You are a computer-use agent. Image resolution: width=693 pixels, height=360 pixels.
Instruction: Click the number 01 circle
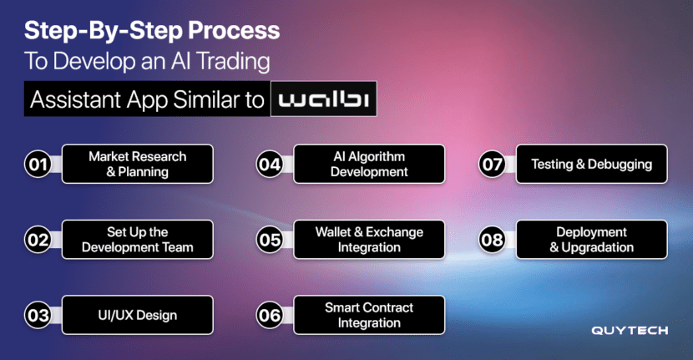38,164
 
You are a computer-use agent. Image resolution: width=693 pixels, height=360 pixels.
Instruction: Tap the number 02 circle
38,240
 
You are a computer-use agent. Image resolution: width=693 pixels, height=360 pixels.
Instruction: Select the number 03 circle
38,316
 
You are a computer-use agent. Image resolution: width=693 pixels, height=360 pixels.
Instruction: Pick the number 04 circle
270,164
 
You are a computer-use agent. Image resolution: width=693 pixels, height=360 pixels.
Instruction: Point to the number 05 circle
270,240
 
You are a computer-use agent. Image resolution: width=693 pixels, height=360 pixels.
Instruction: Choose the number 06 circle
270,316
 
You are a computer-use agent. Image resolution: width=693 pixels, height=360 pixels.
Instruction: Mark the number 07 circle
493,164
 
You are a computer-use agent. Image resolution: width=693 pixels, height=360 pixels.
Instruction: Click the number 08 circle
493,240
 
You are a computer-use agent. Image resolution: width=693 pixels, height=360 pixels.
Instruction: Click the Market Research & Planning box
138,164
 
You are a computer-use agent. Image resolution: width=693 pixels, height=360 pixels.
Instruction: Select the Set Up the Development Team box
138,240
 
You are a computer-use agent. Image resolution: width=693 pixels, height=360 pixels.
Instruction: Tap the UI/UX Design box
138,316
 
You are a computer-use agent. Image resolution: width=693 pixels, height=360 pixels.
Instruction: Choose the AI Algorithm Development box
369,164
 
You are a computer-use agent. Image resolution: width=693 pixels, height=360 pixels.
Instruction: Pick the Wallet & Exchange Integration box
369,240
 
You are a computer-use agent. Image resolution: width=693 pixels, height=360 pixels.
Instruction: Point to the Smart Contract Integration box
369,316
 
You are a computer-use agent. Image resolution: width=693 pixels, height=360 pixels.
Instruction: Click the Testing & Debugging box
592,164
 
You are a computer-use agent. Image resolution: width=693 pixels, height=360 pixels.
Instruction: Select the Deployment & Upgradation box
592,240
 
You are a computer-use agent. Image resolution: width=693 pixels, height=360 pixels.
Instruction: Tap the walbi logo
323,99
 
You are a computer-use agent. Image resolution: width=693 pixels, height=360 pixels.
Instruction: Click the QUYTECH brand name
630,331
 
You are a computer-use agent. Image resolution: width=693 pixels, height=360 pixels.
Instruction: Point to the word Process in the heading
234,31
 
